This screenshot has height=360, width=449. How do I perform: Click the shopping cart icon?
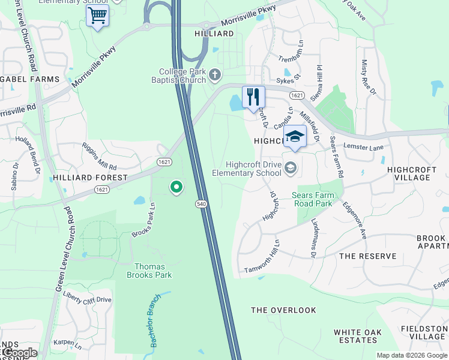[97, 16]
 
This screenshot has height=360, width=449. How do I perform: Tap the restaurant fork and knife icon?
[253, 97]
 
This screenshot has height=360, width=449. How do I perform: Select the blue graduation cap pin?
[295, 136]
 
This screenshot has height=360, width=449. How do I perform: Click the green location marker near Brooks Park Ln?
[176, 188]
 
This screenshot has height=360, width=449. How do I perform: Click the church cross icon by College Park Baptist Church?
[215, 75]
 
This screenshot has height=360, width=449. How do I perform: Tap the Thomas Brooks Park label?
[149, 271]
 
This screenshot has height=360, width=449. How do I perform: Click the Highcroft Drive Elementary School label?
[247, 169]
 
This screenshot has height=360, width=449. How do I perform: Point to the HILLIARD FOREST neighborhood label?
[90, 178]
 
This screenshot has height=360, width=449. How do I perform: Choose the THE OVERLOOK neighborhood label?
[283, 310]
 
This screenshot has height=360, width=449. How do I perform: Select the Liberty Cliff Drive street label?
[88, 299]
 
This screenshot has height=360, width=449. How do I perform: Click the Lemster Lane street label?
[363, 146]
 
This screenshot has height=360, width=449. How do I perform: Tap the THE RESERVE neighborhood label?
[367, 256]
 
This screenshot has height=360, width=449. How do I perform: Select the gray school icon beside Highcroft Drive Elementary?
[291, 167]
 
